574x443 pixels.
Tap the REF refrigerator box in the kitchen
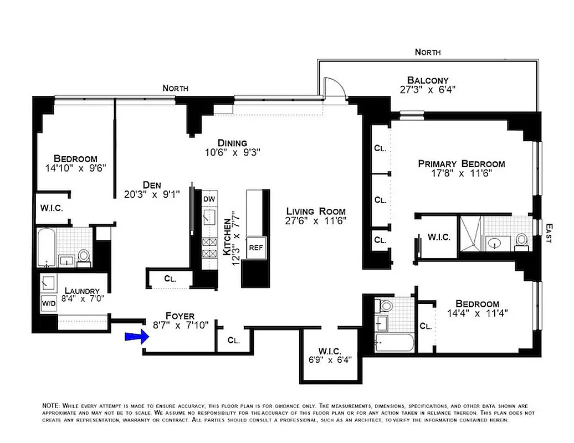(255, 248)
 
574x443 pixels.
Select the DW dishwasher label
(209, 199)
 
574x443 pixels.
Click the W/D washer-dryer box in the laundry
(47, 303)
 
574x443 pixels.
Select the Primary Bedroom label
(461, 164)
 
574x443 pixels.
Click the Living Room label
(316, 211)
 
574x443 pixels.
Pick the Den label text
(151, 185)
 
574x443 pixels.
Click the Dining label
(232, 143)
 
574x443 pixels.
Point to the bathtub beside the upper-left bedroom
(47, 249)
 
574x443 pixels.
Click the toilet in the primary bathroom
(521, 240)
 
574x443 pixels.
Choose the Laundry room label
(82, 291)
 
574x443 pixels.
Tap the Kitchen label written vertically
(227, 236)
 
